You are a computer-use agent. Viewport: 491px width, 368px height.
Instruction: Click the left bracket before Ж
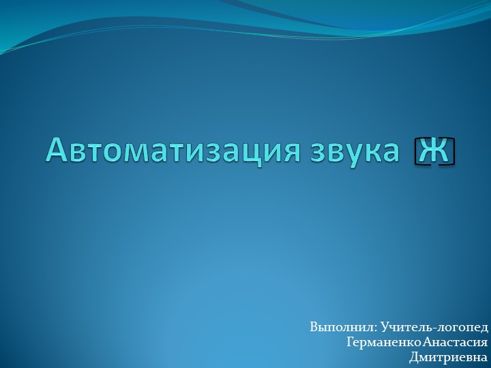click(417, 151)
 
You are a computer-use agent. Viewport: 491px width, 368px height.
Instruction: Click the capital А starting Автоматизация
click(57, 150)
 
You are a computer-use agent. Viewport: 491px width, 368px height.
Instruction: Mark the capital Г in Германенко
click(351, 342)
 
